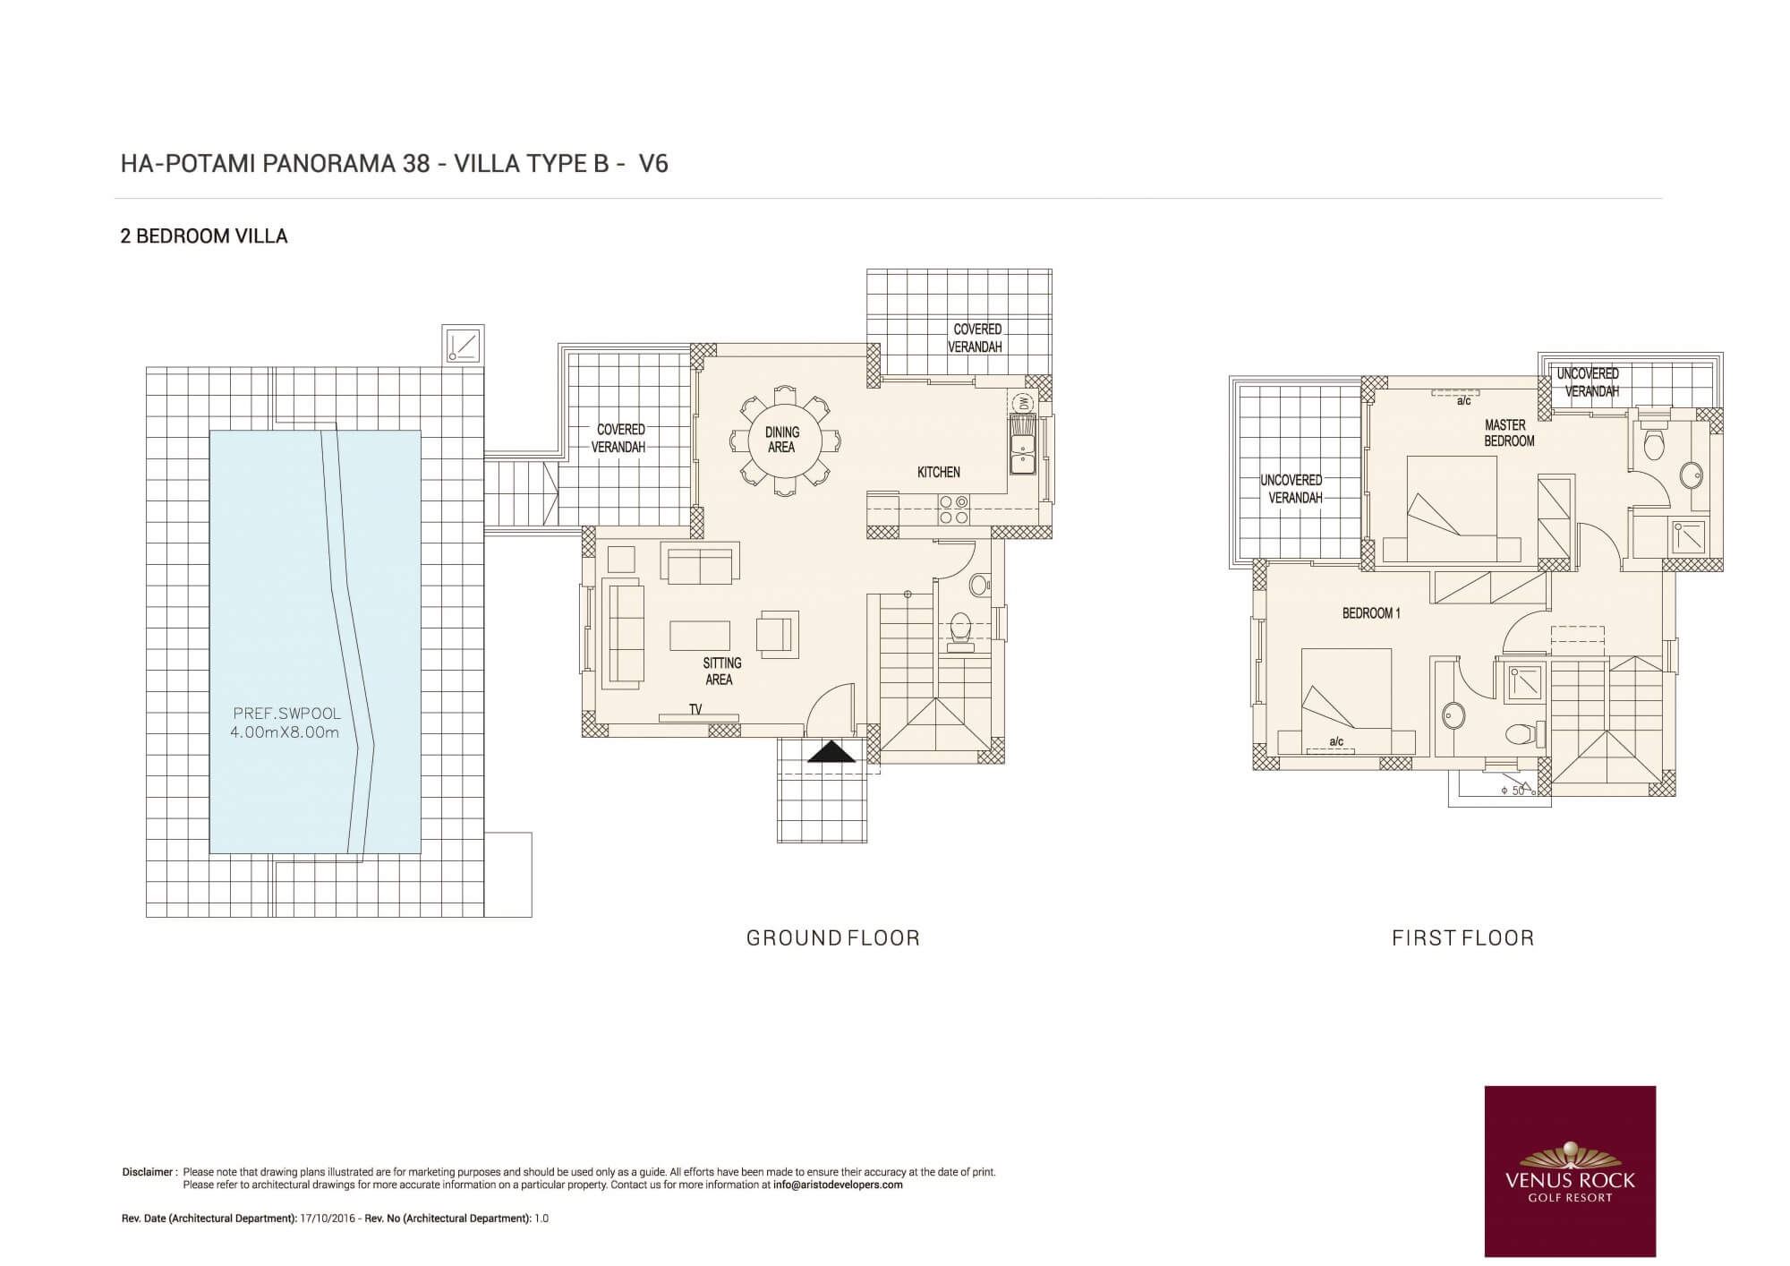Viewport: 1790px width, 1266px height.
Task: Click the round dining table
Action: point(782,440)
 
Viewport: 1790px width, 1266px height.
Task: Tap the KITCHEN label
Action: point(938,472)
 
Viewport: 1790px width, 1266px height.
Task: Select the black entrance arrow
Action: point(831,751)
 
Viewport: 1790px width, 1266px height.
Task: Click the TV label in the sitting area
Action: point(695,709)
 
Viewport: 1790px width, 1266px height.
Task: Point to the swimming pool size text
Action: point(285,732)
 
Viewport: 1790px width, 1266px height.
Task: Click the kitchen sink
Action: point(1021,444)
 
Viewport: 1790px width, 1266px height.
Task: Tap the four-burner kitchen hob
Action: point(952,510)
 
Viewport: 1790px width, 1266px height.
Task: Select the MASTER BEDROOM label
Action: point(1509,432)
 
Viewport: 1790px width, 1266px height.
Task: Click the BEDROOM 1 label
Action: point(1371,613)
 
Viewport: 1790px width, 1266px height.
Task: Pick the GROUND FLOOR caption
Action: point(833,937)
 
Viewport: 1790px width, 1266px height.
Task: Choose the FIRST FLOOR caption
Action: point(1463,937)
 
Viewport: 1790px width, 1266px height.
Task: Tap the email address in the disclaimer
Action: point(838,1185)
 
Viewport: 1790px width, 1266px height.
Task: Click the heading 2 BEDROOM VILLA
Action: point(204,236)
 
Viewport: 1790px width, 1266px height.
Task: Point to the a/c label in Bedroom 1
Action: point(1336,741)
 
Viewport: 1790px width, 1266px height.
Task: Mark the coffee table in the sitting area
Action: point(700,635)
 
